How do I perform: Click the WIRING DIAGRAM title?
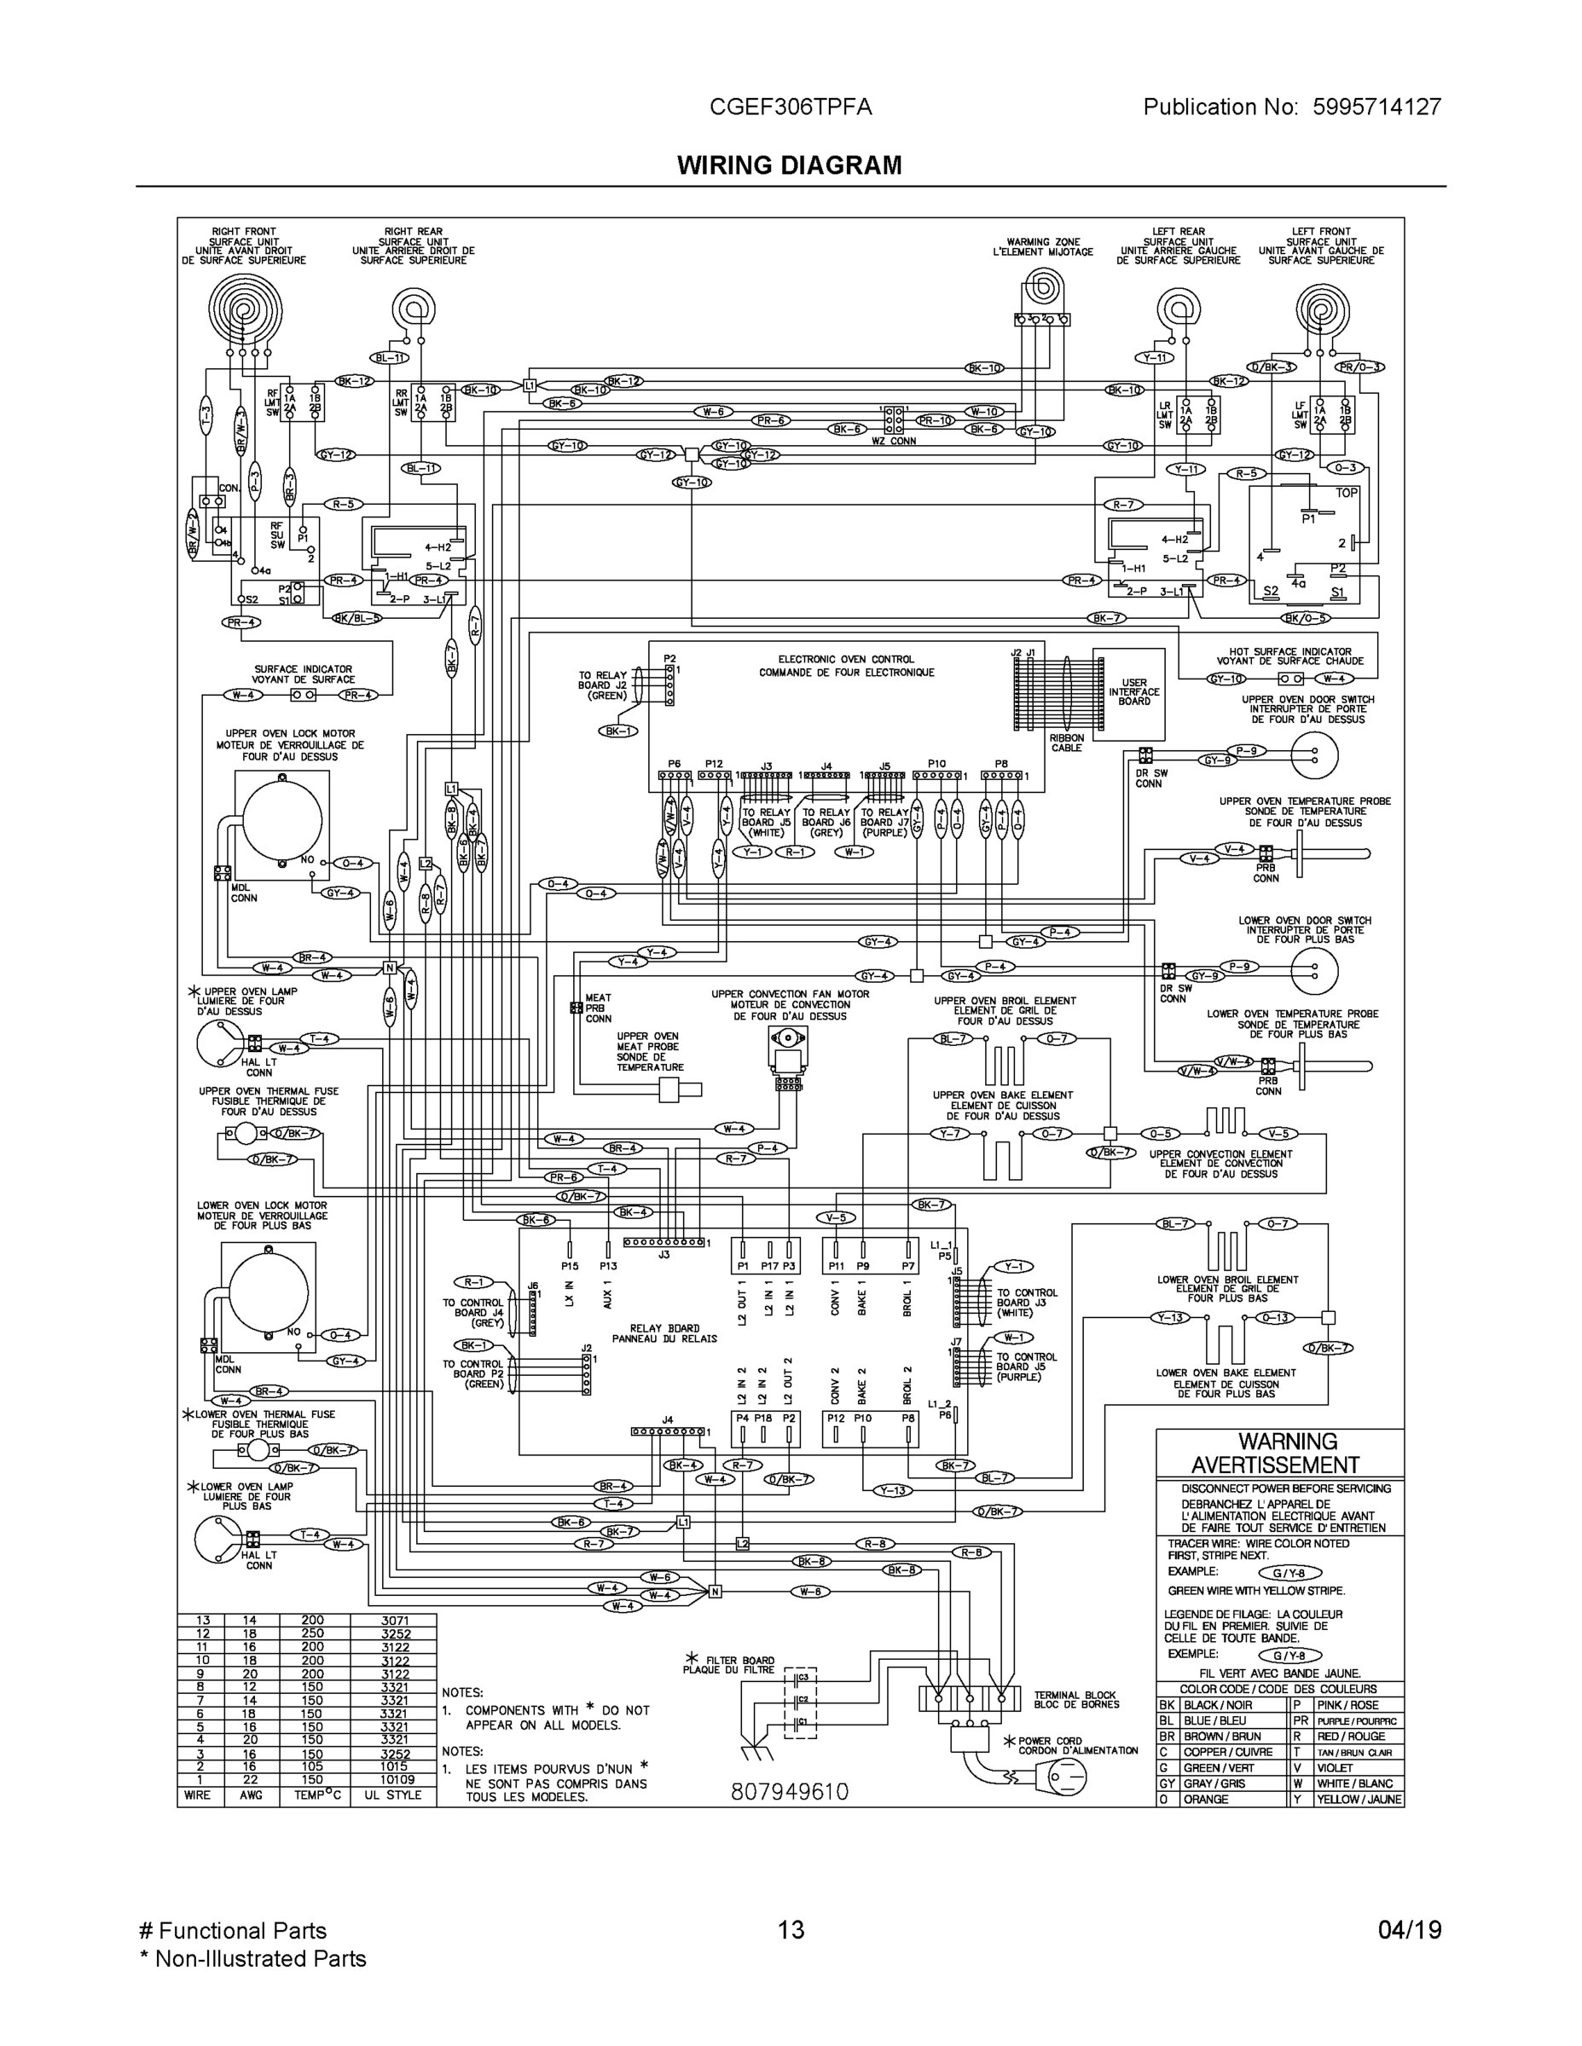(789, 166)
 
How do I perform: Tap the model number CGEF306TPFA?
(790, 107)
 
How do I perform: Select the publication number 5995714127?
(1370, 107)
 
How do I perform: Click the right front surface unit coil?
(245, 310)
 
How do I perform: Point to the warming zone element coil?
(1042, 290)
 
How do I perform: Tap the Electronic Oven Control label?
(846, 665)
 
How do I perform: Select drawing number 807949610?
(789, 1791)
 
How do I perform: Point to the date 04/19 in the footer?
(1410, 1930)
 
